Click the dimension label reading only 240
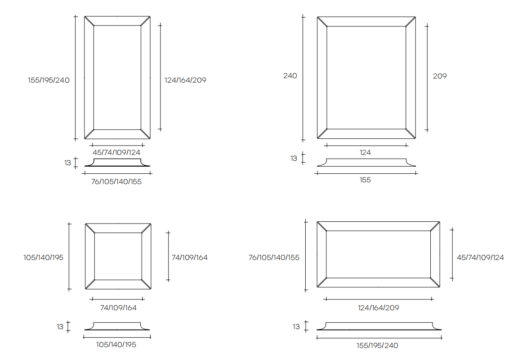[x=290, y=76]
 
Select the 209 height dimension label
[x=440, y=76]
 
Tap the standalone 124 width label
[x=365, y=153]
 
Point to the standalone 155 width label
[x=365, y=180]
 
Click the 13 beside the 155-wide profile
[x=294, y=158]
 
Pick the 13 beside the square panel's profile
[x=60, y=327]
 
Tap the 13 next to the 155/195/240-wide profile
[x=296, y=327]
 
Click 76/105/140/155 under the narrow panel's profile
[x=116, y=182]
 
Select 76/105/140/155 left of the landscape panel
[x=274, y=258]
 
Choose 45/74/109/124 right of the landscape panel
[x=480, y=258]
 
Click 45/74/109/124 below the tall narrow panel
[x=116, y=153]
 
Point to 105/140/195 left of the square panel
[x=44, y=258]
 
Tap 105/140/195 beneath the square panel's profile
[x=116, y=345]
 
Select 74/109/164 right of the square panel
[x=190, y=258]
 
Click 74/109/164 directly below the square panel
[x=118, y=308]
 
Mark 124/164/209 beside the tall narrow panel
[x=185, y=80]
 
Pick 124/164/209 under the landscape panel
[x=378, y=308]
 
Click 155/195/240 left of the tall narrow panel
[x=49, y=80]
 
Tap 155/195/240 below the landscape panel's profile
[x=378, y=346]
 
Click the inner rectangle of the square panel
[x=118, y=256]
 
